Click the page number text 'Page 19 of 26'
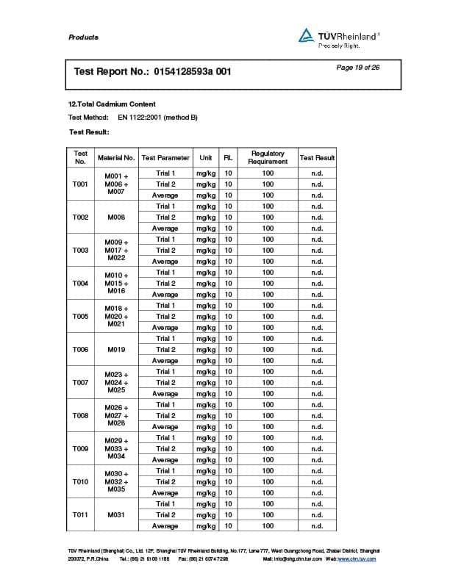coord(358,68)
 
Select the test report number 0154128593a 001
coord(193,72)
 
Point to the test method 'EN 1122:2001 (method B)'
coord(157,117)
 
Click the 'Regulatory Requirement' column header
coord(268,157)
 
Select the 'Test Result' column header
coord(317,157)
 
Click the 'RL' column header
coord(228,157)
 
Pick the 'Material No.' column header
coord(116,157)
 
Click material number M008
coord(116,218)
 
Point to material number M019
coord(116,350)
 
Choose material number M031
coord(116,515)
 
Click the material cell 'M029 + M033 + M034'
coord(116,449)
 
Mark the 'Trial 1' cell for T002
coord(165,206)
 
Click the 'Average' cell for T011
coord(165,526)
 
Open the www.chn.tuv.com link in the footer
coord(357,559)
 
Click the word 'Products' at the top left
coord(83,37)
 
